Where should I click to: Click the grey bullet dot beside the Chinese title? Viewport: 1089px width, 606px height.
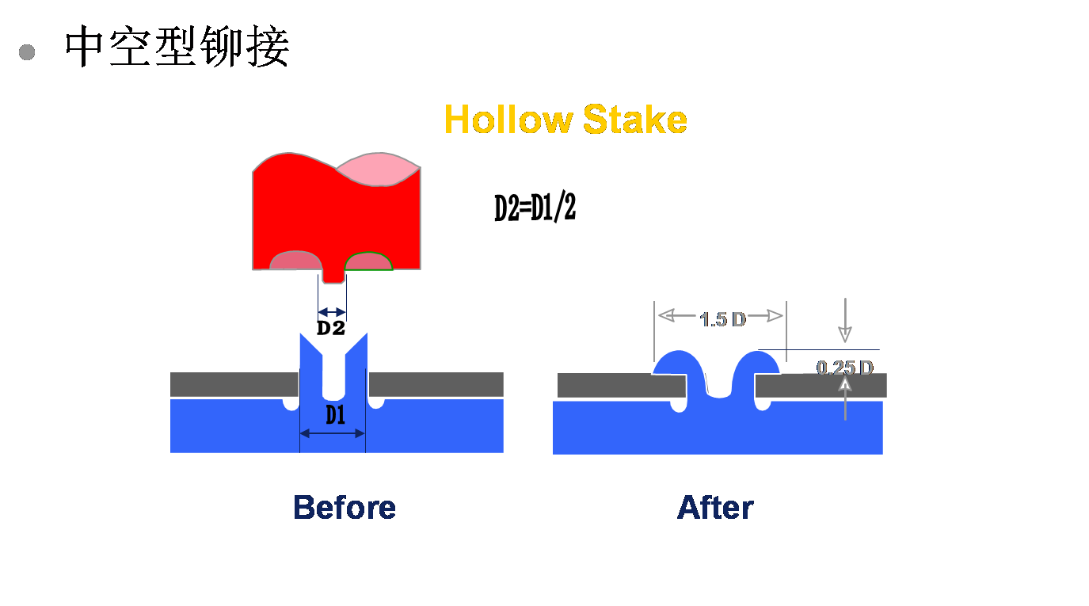pos(27,52)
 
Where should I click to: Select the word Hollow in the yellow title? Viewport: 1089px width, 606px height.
pos(508,119)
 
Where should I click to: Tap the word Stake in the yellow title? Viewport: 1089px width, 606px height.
pos(635,119)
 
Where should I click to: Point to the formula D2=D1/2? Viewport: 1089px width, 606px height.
pos(535,208)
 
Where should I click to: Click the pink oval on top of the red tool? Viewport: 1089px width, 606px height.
pos(379,170)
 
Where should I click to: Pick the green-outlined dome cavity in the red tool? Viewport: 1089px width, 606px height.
pos(368,261)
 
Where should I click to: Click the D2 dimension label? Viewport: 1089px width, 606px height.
pos(331,328)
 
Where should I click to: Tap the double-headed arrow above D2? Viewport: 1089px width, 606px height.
pos(332,312)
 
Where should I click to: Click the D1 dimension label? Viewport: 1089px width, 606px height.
pos(336,415)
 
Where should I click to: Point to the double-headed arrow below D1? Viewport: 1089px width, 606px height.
pos(333,433)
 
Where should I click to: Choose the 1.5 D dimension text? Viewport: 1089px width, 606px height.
pos(722,319)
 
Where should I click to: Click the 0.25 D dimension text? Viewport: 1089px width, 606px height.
pos(845,368)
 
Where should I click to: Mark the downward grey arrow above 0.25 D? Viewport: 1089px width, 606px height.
pos(845,321)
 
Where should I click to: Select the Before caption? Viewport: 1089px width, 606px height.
pos(345,508)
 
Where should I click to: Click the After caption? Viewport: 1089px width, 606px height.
pos(715,508)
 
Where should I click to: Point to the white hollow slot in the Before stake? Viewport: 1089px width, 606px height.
pos(333,375)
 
